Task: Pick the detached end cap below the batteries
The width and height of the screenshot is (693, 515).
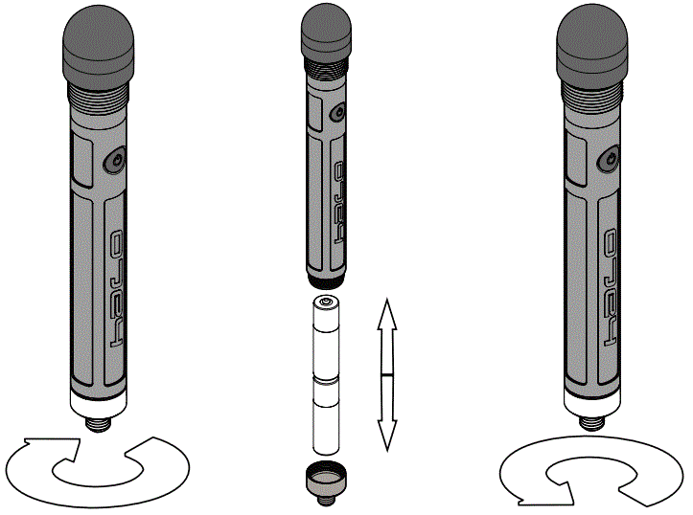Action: (324, 477)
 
